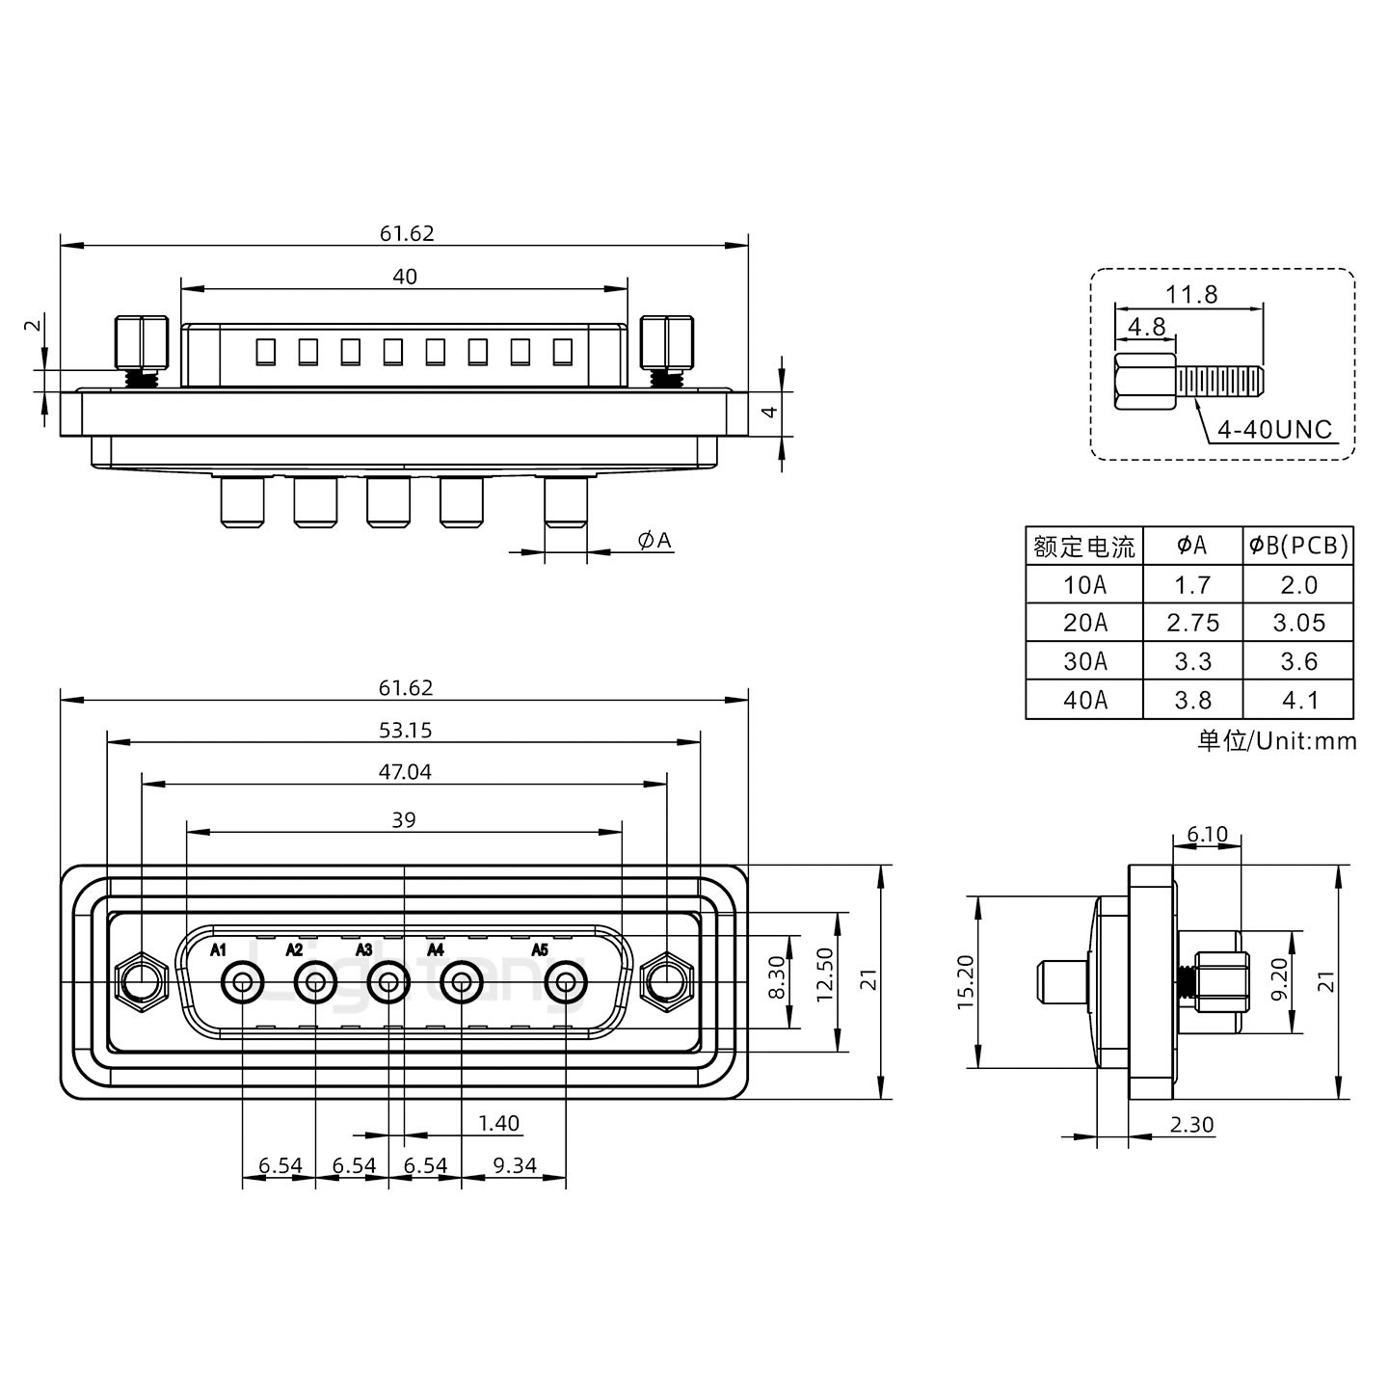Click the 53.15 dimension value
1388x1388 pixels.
coord(405,731)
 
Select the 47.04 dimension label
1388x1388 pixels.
coord(405,772)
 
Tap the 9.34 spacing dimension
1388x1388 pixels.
coord(515,1165)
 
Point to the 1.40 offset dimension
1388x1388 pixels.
coord(498,1123)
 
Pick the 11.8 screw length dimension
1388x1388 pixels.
coord(1191,294)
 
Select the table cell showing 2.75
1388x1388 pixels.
coord(1192,623)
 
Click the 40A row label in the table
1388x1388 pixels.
coord(1084,700)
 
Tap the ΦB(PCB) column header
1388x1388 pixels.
coord(1298,546)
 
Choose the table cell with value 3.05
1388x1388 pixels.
coord(1298,623)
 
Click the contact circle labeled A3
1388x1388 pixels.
coord(388,983)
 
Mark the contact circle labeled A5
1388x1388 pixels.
coord(566,983)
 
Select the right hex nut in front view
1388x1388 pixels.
coord(666,983)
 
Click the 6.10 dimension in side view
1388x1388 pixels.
coord(1207,834)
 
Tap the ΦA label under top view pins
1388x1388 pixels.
coord(654,541)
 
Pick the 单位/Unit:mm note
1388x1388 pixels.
coord(1276,740)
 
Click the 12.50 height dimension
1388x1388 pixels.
coord(824,974)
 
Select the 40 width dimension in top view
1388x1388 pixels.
coord(405,277)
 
